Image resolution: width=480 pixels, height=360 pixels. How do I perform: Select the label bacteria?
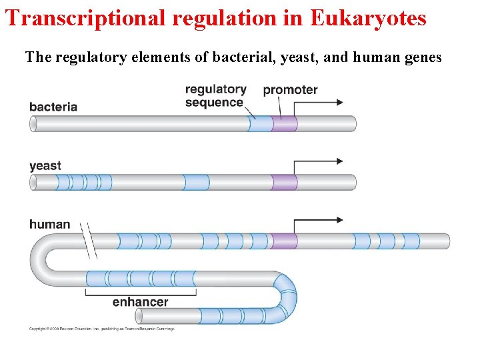click(53, 106)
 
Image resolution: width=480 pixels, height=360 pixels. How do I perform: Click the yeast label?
click(45, 165)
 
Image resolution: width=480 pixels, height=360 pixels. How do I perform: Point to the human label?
click(49, 224)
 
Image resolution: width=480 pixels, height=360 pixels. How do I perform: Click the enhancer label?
click(140, 302)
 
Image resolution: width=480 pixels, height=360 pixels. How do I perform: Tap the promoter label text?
click(290, 89)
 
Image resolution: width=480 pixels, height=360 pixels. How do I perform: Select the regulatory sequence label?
click(215, 96)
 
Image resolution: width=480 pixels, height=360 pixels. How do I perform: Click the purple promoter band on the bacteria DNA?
click(285, 124)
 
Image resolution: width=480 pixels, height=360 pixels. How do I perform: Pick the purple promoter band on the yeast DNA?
click(285, 182)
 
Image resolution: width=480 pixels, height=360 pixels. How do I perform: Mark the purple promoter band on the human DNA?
click(285, 241)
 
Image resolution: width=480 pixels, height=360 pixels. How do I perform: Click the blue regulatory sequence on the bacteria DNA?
click(260, 124)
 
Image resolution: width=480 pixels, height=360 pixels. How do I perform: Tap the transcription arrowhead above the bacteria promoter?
click(340, 102)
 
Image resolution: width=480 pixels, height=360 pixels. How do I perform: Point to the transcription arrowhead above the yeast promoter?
click(340, 161)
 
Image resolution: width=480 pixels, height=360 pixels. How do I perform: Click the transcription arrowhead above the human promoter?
click(340, 219)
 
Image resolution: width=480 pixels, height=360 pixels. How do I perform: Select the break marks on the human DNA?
click(90, 240)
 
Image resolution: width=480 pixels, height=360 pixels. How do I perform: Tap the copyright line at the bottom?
click(101, 329)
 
